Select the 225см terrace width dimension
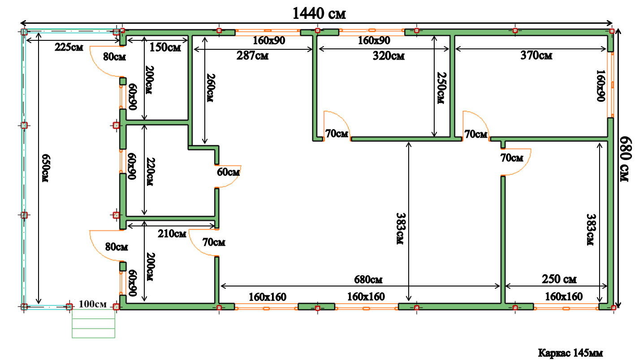[x=69, y=47]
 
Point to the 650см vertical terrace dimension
[x=46, y=168]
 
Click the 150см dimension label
[x=165, y=48]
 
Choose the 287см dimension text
[x=252, y=56]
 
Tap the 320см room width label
[x=389, y=56]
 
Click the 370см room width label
[x=536, y=56]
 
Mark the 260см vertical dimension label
[x=211, y=88]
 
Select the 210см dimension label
[x=172, y=234]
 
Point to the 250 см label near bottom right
[x=559, y=279]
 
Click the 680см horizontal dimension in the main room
[x=368, y=279]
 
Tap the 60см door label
[x=228, y=172]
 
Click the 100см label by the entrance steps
[x=93, y=304]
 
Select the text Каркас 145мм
[x=570, y=353]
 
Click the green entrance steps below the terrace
[x=93, y=324]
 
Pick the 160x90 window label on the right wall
[x=600, y=86]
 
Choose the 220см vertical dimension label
[x=150, y=172]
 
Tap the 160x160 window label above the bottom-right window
[x=564, y=297]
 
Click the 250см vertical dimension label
[x=441, y=88]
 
